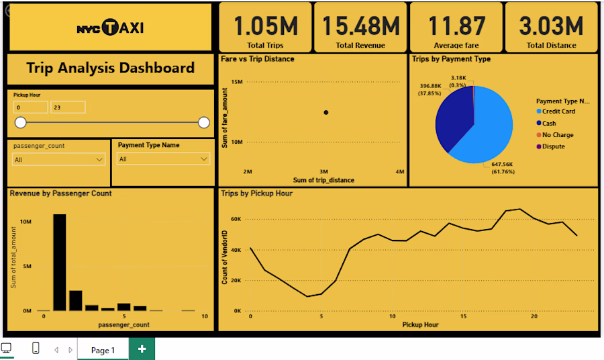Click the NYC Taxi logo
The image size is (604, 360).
pyautogui.click(x=110, y=28)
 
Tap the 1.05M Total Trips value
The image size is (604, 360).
pyautogui.click(x=265, y=26)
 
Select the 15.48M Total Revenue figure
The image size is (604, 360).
pyautogui.click(x=360, y=26)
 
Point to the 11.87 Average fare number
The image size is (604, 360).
pyautogui.click(x=456, y=26)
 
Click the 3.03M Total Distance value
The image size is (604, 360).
pyautogui.click(x=551, y=26)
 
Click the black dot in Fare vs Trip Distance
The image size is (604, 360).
pyautogui.click(x=326, y=113)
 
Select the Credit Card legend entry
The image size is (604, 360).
pyautogui.click(x=556, y=111)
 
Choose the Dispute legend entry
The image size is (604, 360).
pyautogui.click(x=551, y=146)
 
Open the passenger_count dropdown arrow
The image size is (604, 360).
pyautogui.click(x=99, y=160)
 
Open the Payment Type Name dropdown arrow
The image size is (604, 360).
pyautogui.click(x=204, y=159)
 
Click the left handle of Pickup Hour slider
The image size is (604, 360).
pyautogui.click(x=20, y=122)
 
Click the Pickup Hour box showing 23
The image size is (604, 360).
pyautogui.click(x=68, y=107)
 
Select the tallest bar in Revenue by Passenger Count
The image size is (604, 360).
pyautogui.click(x=59, y=262)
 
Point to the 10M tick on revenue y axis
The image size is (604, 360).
pyautogui.click(x=26, y=222)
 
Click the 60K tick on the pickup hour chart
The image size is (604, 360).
pyautogui.click(x=236, y=219)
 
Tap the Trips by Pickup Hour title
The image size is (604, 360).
pyautogui.click(x=256, y=193)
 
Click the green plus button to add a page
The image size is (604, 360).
pyautogui.click(x=142, y=349)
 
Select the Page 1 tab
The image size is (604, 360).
pyautogui.click(x=103, y=350)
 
